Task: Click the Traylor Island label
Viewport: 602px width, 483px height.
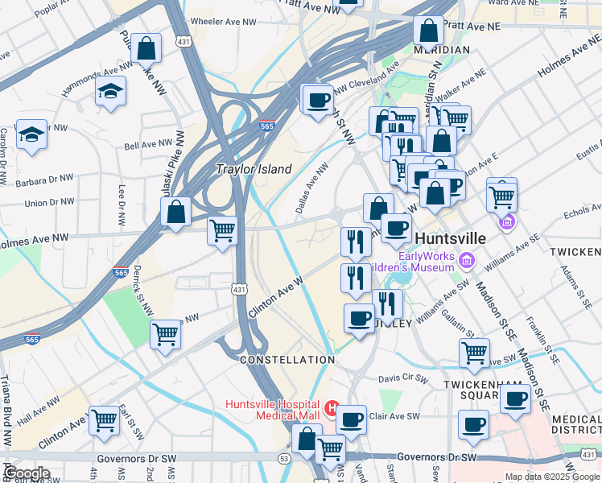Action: pyautogui.click(x=254, y=169)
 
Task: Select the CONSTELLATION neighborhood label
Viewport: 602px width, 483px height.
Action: pyautogui.click(x=287, y=359)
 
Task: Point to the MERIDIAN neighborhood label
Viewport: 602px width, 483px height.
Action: pyautogui.click(x=441, y=50)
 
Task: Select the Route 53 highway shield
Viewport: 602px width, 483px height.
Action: pyautogui.click(x=284, y=458)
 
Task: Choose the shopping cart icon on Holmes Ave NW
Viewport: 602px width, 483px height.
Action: pyautogui.click(x=222, y=230)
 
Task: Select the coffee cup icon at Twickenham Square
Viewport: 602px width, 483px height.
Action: pyautogui.click(x=515, y=398)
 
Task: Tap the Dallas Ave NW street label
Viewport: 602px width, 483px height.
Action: pyautogui.click(x=311, y=189)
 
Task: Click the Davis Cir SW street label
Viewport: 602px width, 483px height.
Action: pyautogui.click(x=400, y=377)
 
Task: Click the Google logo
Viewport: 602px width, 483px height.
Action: pyautogui.click(x=27, y=473)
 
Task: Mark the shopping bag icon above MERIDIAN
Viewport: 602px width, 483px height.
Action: pyautogui.click(x=429, y=31)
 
